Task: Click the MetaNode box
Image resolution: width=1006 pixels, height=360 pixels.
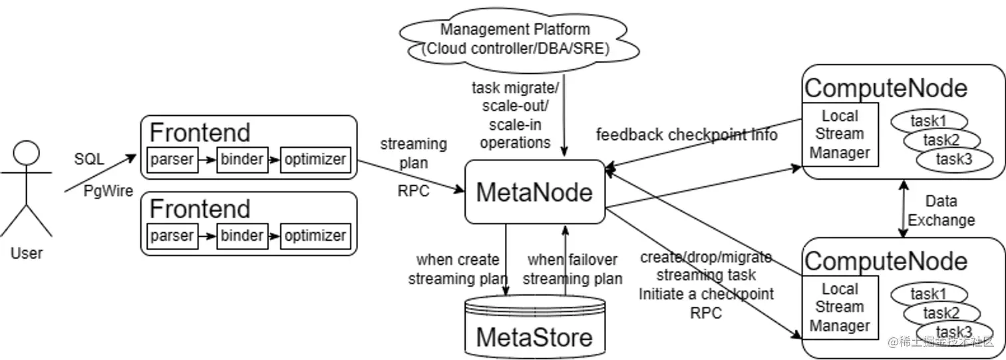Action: point(534,192)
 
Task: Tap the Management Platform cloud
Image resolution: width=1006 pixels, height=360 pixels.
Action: point(515,39)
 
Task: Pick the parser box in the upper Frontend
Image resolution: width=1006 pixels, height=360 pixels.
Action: point(172,160)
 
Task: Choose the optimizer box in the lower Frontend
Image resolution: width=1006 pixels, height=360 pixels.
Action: point(315,236)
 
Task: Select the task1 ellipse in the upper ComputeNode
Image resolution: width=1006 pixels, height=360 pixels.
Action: point(929,121)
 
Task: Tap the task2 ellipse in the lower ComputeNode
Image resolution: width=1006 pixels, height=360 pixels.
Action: point(941,313)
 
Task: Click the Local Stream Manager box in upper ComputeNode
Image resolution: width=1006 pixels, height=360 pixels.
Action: point(840,134)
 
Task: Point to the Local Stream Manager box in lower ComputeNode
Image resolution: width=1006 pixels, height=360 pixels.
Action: point(840,307)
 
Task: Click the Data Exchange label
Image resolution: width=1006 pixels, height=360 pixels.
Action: point(941,210)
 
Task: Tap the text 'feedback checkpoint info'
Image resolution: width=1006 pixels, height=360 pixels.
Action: point(687,135)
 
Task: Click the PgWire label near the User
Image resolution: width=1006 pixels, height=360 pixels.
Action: point(108,191)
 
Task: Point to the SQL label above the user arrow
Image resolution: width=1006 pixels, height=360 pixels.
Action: point(89,160)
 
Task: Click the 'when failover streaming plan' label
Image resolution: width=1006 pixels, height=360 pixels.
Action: point(572,269)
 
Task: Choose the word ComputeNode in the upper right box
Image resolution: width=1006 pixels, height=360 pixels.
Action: point(886,88)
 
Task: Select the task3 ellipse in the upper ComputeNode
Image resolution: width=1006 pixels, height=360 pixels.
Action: point(954,160)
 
